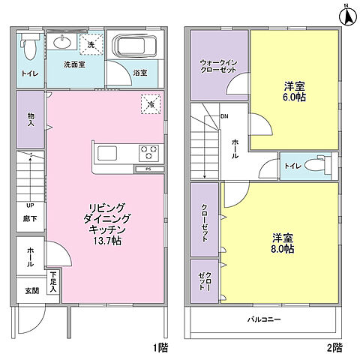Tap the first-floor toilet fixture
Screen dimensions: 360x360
pyautogui.click(x=28, y=47)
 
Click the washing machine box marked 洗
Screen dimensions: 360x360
pyautogui.click(x=90, y=44)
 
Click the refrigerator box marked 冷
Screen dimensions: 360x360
pyautogui.click(x=150, y=105)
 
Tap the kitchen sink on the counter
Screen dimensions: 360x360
pyautogui.click(x=107, y=154)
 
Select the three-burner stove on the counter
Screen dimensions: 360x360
pyautogui.click(x=148, y=154)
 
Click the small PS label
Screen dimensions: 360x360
pyautogui.click(x=149, y=169)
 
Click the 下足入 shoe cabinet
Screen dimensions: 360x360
pyautogui.click(x=54, y=281)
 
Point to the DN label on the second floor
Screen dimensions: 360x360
pyautogui.click(x=223, y=116)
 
